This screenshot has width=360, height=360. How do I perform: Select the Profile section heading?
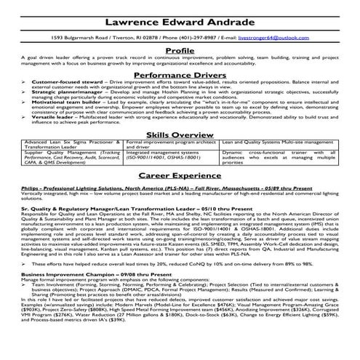(x=180, y=50)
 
